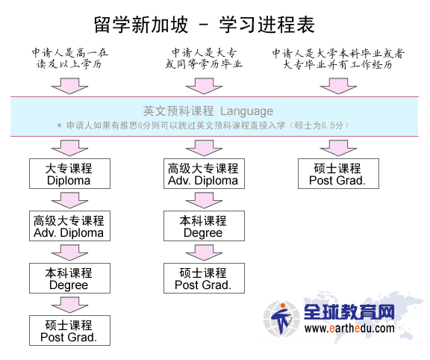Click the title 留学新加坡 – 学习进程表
click(205, 25)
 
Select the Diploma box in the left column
click(69, 173)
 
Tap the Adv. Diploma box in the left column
click(69, 226)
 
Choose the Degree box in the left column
click(69, 279)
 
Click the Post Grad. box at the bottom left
click(69, 330)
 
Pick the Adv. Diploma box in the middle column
click(204, 173)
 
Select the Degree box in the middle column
click(204, 226)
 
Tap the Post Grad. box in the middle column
click(204, 279)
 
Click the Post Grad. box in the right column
click(338, 173)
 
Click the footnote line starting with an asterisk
click(202, 125)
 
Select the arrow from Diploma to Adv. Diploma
click(69, 200)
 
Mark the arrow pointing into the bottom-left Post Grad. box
click(69, 305)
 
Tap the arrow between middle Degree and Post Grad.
click(204, 252)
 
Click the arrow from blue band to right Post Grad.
click(338, 148)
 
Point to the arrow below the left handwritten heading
click(69, 86)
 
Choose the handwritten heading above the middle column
click(204, 58)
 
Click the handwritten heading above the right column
click(338, 59)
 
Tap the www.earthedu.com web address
click(349, 329)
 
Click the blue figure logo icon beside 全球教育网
click(281, 319)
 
